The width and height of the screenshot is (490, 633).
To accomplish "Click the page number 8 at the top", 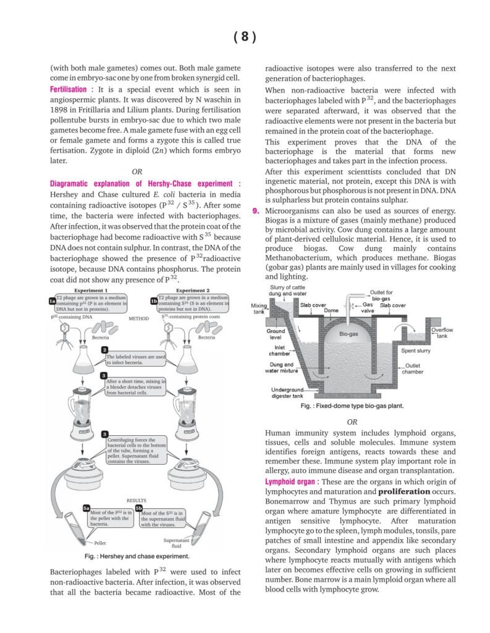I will (x=245, y=37).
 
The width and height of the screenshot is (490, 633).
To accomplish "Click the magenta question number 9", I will (x=255, y=211).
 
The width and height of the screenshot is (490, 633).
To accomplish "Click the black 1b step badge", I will (x=154, y=300).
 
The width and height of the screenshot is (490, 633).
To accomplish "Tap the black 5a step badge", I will (x=87, y=508).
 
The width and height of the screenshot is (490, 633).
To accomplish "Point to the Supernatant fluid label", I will (x=176, y=543).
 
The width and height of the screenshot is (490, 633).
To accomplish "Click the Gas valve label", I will (x=368, y=308).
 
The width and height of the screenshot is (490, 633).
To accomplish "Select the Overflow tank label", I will (x=442, y=333).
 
